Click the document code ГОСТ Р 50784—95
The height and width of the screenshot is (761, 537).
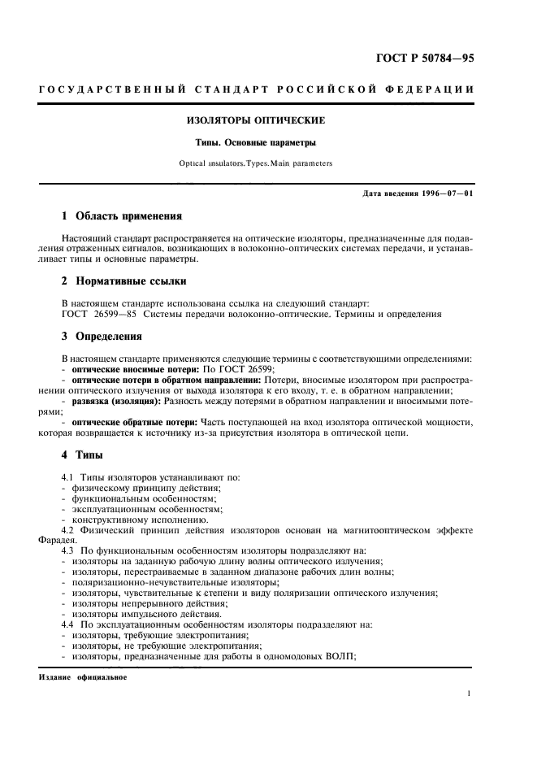coord(423,59)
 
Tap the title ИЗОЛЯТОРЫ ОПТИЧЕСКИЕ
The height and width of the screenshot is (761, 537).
coord(256,120)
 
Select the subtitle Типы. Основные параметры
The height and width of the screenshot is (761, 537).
coord(256,142)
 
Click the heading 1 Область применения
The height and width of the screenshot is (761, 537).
coord(122,216)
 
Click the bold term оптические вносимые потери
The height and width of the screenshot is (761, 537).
coord(130,368)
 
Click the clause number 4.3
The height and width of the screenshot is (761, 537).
coord(68,550)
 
